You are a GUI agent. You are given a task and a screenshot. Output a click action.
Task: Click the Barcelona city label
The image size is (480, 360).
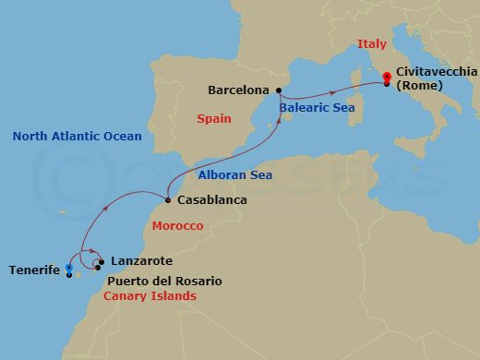(x=238, y=90)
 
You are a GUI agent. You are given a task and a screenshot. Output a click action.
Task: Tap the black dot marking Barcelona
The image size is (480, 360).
(x=279, y=90)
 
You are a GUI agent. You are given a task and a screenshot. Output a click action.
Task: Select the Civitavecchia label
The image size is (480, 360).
(x=436, y=71)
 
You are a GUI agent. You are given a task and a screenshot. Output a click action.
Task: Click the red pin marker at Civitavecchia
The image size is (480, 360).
(x=386, y=80)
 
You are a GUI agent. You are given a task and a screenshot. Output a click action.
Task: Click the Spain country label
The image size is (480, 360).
(x=213, y=119)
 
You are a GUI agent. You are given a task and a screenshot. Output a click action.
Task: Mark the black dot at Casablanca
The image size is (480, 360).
(x=167, y=200)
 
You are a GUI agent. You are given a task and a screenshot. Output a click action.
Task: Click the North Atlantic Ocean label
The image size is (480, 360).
(x=77, y=137)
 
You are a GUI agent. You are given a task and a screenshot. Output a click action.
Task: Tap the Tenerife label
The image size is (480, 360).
(x=34, y=270)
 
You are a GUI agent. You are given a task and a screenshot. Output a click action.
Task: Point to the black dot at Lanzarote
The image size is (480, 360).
(x=102, y=261)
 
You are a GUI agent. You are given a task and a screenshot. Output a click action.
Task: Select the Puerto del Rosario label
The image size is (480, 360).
(x=164, y=281)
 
